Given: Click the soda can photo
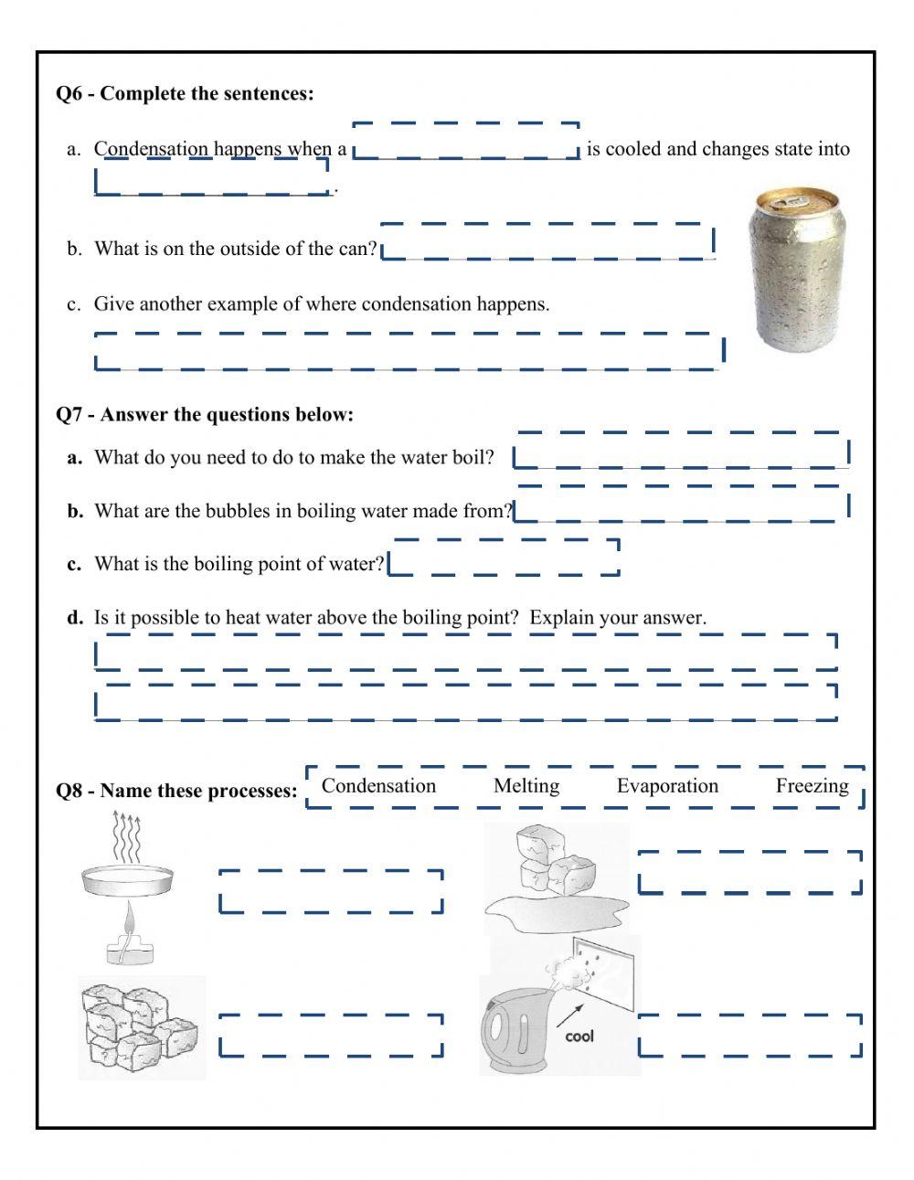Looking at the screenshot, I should (793, 269).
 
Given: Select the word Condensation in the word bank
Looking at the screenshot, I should (378, 786).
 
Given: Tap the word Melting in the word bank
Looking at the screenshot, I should (526, 786).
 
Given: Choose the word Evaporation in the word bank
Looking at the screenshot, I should (667, 786).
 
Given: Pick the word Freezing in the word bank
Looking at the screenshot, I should (812, 786).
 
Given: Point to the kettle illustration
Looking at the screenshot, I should (521, 1028).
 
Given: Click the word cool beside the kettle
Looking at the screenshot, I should (579, 1036).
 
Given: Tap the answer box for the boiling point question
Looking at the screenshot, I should (505, 558).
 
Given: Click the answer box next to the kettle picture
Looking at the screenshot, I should (749, 1036).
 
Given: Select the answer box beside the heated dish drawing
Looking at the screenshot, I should (331, 891).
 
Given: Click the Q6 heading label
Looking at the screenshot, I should (185, 93).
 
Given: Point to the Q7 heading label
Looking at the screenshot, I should (205, 415).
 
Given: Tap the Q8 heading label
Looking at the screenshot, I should (177, 791).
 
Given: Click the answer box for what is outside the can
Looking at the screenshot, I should (547, 242).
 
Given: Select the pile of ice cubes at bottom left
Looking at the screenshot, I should (141, 1026).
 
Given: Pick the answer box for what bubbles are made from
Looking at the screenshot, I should (681, 504).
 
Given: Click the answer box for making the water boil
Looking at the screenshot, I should (682, 451).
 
